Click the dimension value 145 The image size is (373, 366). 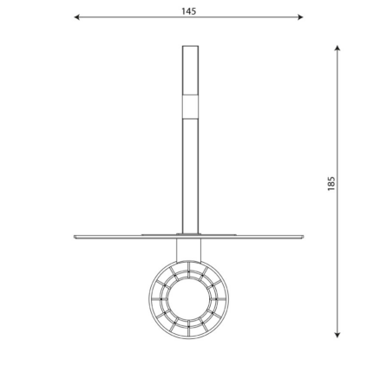pyautogui.click(x=189, y=11)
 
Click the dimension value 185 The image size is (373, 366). pyautogui.click(x=331, y=183)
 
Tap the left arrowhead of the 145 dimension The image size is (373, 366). pyautogui.click(x=76, y=17)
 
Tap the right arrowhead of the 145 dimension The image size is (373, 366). pyautogui.click(x=300, y=17)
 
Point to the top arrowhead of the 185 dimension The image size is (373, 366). pyautogui.click(x=337, y=48)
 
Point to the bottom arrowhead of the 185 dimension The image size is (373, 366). pyautogui.click(x=337, y=335)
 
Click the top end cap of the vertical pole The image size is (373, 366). pyautogui.click(x=190, y=46)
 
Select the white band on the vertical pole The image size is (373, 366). pyautogui.click(x=190, y=107)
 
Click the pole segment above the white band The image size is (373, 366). pyautogui.click(x=190, y=70)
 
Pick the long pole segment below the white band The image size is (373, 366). pyautogui.click(x=190, y=176)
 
